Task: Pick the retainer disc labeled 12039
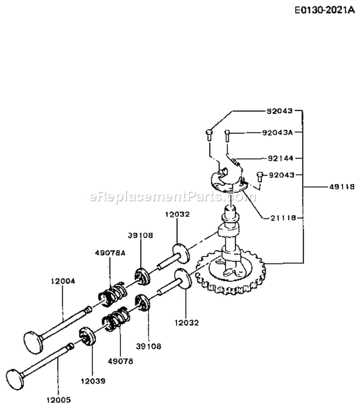coord(87,336)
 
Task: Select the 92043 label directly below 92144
coord(281,174)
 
